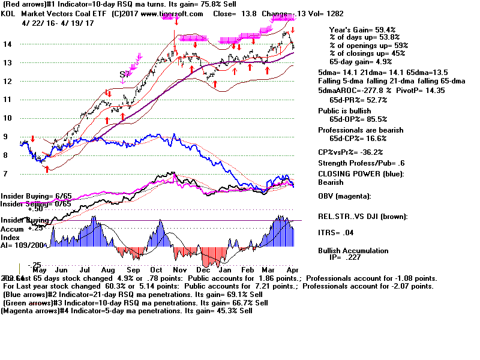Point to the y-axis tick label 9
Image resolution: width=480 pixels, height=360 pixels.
[5, 137]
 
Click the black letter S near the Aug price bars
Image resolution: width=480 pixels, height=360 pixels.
[122, 74]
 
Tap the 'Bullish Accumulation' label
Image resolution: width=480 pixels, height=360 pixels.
[353, 251]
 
